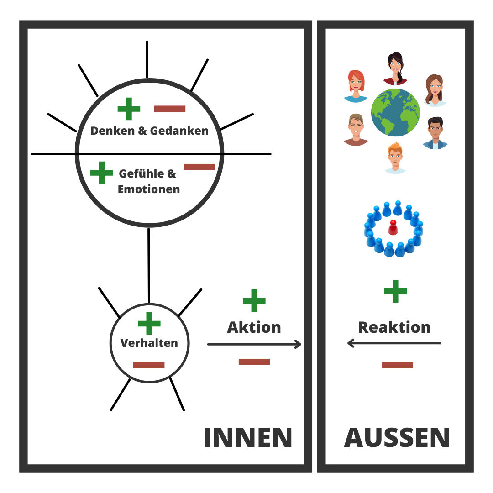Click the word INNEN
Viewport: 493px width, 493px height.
click(x=248, y=438)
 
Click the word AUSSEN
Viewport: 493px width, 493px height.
click(x=397, y=438)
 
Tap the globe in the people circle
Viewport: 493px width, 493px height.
click(x=395, y=112)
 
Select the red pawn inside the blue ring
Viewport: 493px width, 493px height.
click(x=392, y=227)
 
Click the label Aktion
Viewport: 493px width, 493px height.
click(x=254, y=327)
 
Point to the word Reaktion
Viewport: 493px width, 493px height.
click(x=394, y=327)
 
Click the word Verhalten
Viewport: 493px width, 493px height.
click(x=149, y=343)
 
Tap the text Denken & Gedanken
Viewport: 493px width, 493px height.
click(x=149, y=131)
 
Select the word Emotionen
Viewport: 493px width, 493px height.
click(x=149, y=189)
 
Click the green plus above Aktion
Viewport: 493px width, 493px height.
click(x=254, y=300)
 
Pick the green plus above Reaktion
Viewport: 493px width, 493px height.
click(x=395, y=291)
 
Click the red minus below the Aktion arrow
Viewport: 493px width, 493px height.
click(x=254, y=362)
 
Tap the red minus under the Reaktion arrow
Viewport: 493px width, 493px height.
click(x=397, y=365)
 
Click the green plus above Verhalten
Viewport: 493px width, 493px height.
click(x=149, y=324)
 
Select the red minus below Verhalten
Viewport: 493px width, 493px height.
click(x=149, y=365)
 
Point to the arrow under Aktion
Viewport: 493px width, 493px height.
click(x=254, y=344)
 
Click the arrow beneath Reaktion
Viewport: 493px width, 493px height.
click(x=394, y=343)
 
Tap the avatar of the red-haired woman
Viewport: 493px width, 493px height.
click(x=355, y=85)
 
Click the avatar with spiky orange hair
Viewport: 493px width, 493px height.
click(x=395, y=157)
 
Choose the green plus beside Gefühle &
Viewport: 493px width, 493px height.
click(x=101, y=173)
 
